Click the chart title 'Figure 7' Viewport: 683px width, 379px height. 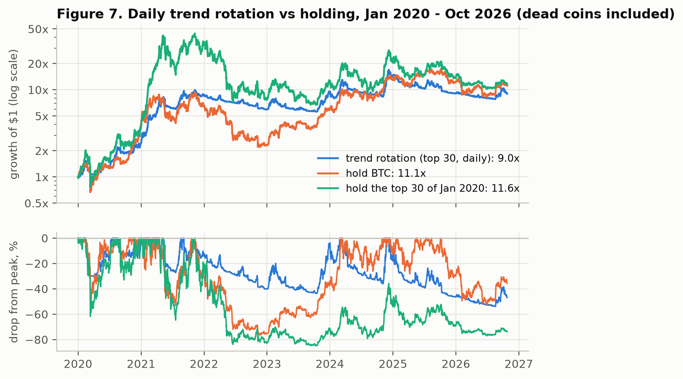(x=365, y=14)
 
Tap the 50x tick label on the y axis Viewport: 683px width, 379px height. (x=38, y=30)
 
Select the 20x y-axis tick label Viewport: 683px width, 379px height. (x=38, y=64)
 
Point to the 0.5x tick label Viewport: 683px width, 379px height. (x=36, y=203)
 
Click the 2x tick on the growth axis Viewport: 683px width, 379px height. (x=41, y=151)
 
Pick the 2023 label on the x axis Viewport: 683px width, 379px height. (x=267, y=364)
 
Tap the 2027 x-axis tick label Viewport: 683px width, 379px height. (x=518, y=364)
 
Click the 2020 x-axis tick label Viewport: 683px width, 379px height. (x=78, y=364)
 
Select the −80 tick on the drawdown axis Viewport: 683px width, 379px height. (x=37, y=340)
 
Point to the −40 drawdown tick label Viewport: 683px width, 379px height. (x=37, y=289)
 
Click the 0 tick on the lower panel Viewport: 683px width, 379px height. (x=45, y=239)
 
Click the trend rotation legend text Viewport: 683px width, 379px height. (x=432, y=158)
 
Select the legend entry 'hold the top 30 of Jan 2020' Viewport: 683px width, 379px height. (x=432, y=188)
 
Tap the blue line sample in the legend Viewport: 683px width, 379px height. (x=328, y=158)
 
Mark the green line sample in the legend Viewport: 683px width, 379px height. (x=328, y=188)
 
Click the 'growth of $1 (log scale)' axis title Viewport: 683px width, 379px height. (x=14, y=114)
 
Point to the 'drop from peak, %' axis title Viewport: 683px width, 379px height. (x=14, y=292)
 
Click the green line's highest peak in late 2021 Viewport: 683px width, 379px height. (x=195, y=34)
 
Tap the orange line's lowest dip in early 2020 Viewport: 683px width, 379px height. (x=90, y=192)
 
